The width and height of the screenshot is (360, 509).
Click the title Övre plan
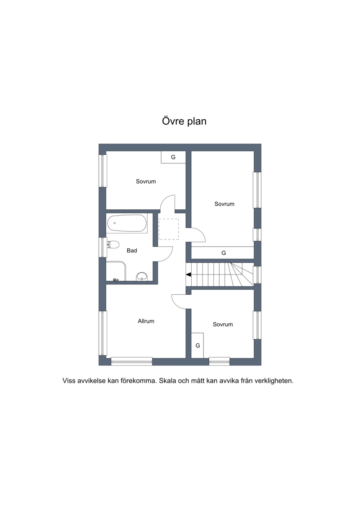click(x=184, y=121)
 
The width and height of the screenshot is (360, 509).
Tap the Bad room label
click(x=132, y=251)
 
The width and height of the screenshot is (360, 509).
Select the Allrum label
click(x=146, y=321)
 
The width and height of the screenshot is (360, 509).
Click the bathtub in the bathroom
click(x=127, y=223)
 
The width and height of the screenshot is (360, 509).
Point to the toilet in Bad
click(x=112, y=244)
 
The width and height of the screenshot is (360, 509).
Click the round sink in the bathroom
click(x=142, y=276)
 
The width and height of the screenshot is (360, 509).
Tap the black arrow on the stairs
click(x=188, y=275)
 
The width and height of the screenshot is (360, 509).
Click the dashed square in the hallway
click(x=168, y=229)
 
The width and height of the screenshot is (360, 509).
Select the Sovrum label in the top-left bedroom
click(x=146, y=181)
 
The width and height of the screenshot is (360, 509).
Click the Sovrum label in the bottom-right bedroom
click(x=223, y=324)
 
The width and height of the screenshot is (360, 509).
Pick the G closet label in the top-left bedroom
click(x=173, y=157)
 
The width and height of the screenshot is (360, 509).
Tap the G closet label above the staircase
click(x=223, y=253)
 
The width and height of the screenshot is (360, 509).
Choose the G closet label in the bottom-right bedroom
click(x=198, y=346)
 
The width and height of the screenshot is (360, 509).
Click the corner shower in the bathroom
click(x=116, y=271)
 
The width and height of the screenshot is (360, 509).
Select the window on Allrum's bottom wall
click(x=131, y=361)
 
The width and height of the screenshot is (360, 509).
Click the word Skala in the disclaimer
click(x=167, y=381)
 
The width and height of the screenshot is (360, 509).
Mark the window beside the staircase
click(x=257, y=275)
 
